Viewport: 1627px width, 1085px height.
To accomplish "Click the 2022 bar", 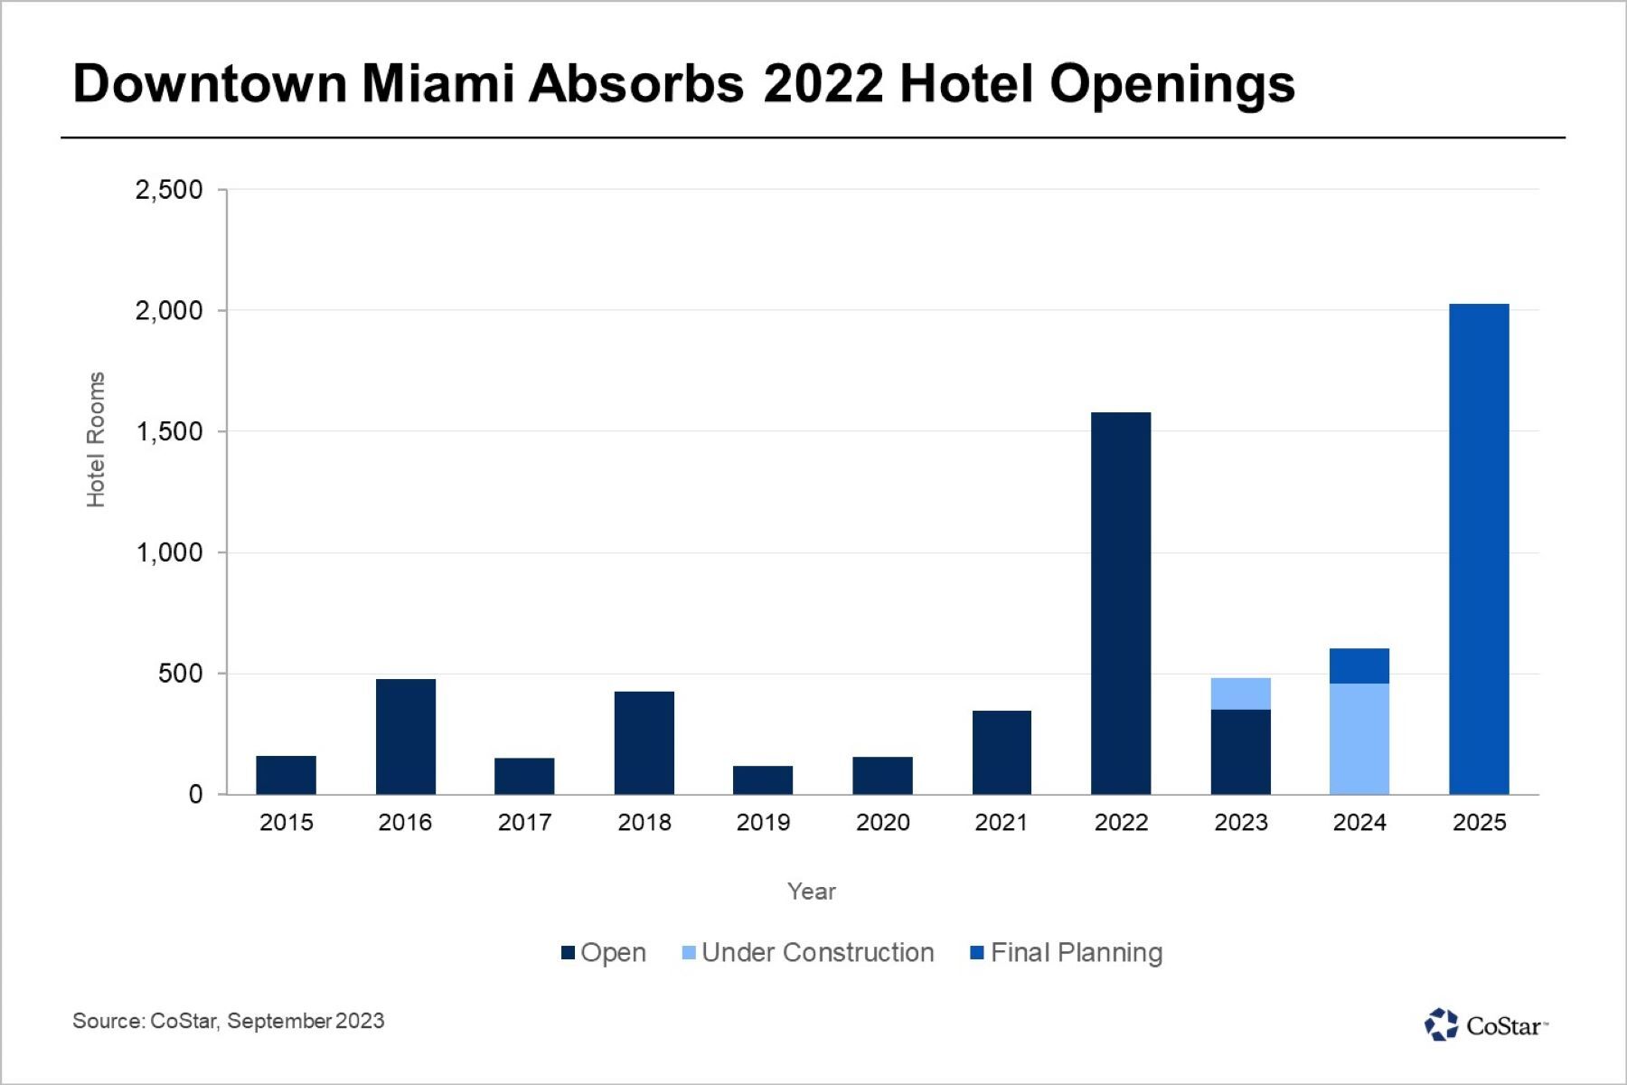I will [1121, 603].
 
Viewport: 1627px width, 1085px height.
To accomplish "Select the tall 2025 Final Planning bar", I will [1479, 549].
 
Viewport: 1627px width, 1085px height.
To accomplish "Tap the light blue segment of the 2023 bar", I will [1240, 693].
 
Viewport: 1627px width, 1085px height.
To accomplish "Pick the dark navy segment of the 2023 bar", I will [1240, 752].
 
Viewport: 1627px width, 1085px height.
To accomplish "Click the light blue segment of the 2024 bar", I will [1359, 739].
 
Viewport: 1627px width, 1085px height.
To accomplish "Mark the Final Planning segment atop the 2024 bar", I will [1359, 665].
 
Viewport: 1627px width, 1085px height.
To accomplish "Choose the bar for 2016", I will [406, 736].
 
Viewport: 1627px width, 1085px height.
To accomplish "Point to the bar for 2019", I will [763, 780].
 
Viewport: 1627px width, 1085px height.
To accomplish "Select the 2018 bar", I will [644, 742].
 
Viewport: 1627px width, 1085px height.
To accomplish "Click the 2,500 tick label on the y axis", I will [169, 190].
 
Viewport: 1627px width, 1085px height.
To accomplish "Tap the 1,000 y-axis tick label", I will [169, 552].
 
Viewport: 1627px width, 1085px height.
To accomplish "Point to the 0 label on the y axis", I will [195, 795].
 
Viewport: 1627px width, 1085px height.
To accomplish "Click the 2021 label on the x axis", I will [1002, 822].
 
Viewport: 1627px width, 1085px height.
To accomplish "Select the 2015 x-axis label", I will [286, 822].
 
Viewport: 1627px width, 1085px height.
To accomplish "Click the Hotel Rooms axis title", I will [96, 439].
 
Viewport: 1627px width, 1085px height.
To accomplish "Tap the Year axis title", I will [811, 892].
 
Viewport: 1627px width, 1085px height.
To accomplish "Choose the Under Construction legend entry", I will [807, 953].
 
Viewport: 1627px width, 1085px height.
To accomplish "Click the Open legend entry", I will [604, 953].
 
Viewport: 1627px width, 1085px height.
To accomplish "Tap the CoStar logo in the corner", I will [1486, 1025].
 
